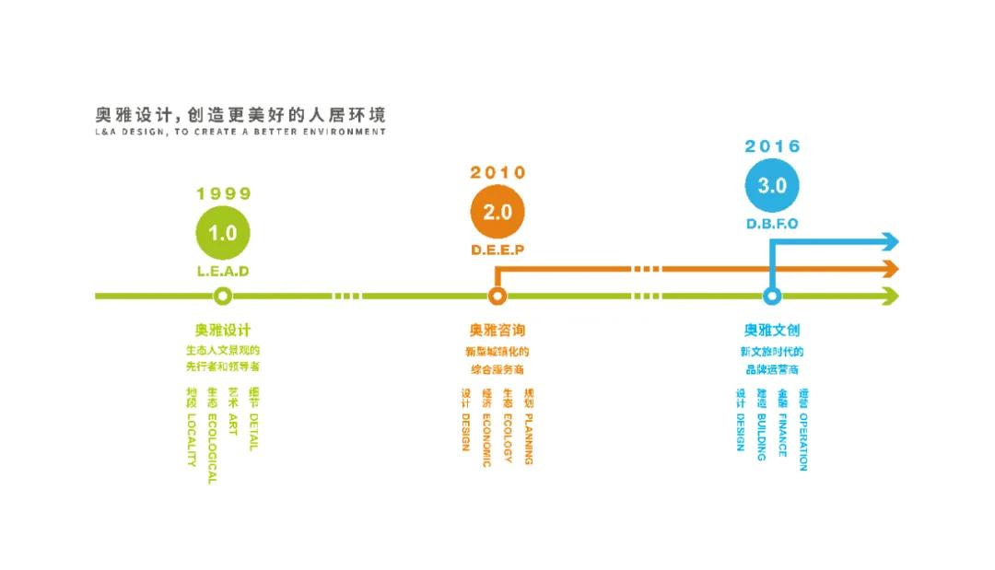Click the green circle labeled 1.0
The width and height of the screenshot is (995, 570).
222,233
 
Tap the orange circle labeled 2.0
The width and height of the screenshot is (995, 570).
497,212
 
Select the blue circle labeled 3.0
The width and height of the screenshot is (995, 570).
772,185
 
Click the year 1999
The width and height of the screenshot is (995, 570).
223,193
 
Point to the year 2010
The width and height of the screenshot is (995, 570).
497,172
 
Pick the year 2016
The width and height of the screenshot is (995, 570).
772,146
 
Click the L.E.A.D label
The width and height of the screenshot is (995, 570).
223,272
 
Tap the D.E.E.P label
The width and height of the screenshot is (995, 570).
497,250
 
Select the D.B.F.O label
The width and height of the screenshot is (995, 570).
772,224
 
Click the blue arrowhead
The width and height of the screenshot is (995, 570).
889,242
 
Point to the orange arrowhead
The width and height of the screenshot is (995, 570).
889,269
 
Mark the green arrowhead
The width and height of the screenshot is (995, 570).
889,297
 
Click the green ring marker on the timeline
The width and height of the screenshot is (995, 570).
222,297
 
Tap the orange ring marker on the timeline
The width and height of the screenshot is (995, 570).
497,297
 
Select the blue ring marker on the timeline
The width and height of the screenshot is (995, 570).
772,297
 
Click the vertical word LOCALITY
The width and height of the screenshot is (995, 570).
192,440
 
